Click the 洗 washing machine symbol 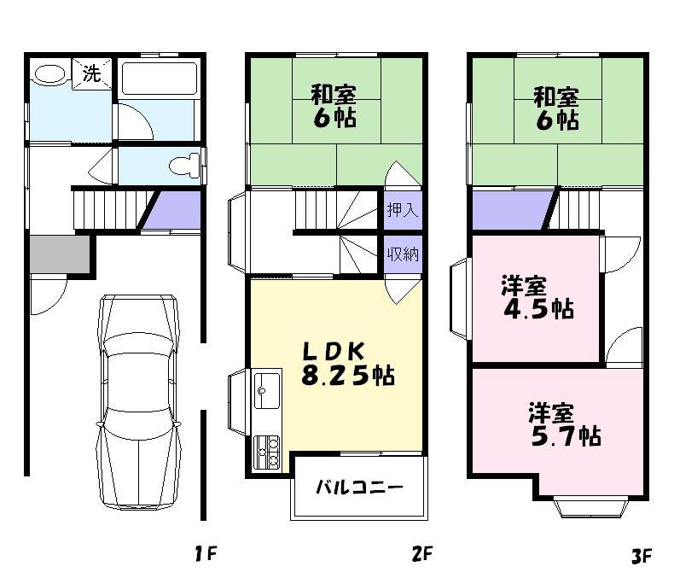(x=91, y=73)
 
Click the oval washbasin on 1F (x=49, y=74)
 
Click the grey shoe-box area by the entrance (x=59, y=254)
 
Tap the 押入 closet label (x=402, y=210)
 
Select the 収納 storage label (x=402, y=254)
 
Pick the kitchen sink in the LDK (x=267, y=391)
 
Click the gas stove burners (x=268, y=451)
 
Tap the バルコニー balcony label (x=359, y=488)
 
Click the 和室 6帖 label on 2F (x=334, y=106)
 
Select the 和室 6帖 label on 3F (x=555, y=106)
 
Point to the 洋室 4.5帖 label (x=536, y=297)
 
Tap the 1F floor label (x=204, y=556)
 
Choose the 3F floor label (x=641, y=557)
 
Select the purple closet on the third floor (x=509, y=209)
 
